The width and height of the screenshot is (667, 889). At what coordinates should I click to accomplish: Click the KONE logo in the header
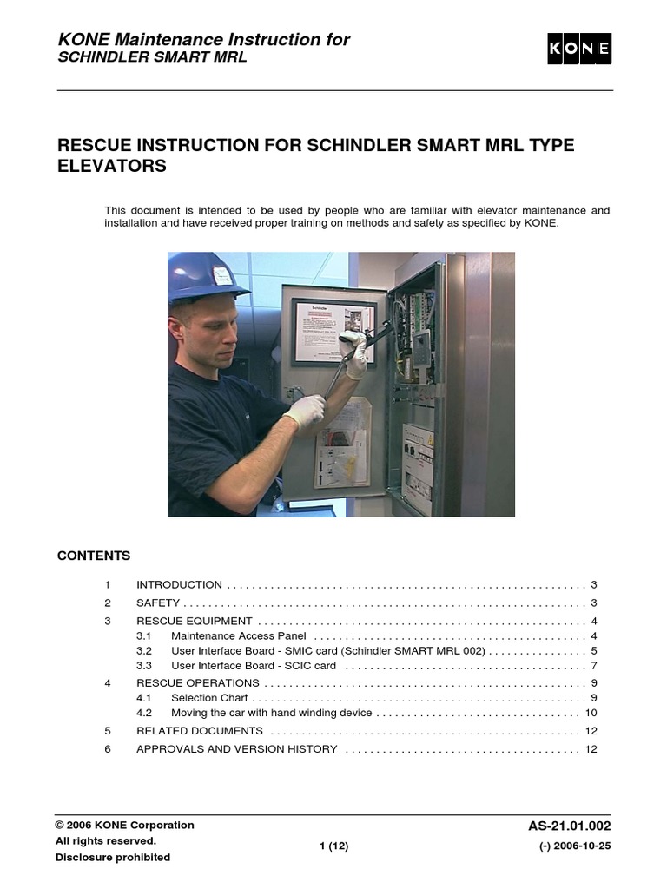pyautogui.click(x=579, y=49)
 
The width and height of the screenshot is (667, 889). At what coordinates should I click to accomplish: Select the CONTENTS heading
pyautogui.click(x=94, y=556)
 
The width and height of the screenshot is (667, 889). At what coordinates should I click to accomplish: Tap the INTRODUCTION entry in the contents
pyautogui.click(x=179, y=585)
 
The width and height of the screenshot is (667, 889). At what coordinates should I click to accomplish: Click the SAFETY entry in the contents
pyautogui.click(x=158, y=603)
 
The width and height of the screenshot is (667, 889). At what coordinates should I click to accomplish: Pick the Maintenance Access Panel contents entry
pyautogui.click(x=238, y=636)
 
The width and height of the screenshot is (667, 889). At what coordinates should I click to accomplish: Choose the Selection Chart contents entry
pyautogui.click(x=209, y=697)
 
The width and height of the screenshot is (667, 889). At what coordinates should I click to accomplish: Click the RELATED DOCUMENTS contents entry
pyautogui.click(x=200, y=731)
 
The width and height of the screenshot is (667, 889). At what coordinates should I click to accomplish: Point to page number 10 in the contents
pyautogui.click(x=591, y=713)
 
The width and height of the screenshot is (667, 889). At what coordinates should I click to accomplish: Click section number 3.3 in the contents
pyautogui.click(x=144, y=666)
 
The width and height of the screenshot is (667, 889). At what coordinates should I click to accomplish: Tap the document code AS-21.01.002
pyautogui.click(x=570, y=826)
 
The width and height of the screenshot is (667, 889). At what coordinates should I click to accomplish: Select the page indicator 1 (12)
pyautogui.click(x=333, y=846)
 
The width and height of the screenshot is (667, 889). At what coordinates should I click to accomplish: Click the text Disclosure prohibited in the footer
pyautogui.click(x=113, y=858)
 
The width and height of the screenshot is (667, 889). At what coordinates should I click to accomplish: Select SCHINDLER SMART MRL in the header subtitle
pyautogui.click(x=152, y=57)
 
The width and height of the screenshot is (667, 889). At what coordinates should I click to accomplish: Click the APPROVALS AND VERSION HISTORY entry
pyautogui.click(x=236, y=749)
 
